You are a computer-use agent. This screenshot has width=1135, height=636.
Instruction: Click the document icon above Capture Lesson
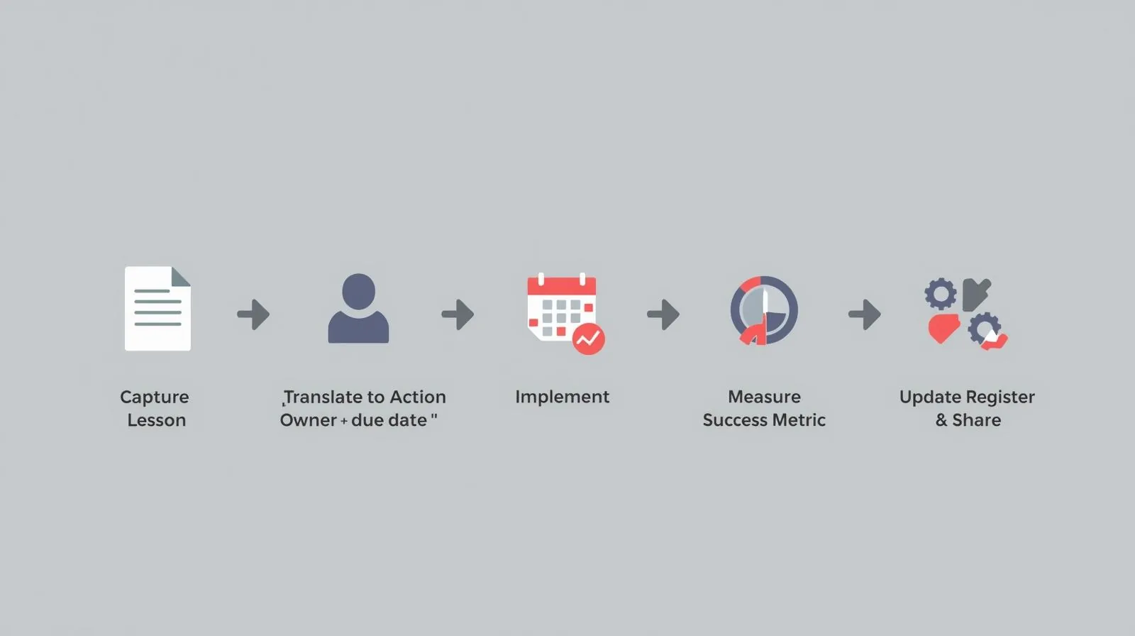pos(157,308)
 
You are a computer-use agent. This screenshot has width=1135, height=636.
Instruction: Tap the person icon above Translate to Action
pos(358,308)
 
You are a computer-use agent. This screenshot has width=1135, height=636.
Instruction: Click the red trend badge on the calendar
pos(588,339)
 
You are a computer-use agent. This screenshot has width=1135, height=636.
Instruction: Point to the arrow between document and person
pos(253,314)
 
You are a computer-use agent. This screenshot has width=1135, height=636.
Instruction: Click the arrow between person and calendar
pos(458,314)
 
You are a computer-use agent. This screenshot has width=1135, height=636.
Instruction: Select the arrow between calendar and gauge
pos(663,314)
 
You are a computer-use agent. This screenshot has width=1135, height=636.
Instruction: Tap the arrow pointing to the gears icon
pos(865,314)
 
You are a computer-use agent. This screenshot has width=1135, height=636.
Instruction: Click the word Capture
pos(155,397)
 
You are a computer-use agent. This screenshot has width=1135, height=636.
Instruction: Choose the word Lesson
pos(157,420)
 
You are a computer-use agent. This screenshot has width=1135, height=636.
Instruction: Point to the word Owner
pos(308,420)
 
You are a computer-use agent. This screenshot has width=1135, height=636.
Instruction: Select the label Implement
pos(563,397)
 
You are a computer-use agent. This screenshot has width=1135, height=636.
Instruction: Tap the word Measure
pos(765,397)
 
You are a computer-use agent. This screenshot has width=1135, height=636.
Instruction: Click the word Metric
pos(799,420)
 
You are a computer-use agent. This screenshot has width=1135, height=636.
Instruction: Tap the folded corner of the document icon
pos(180,276)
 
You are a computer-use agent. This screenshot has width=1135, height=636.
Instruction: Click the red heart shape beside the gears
pos(943,328)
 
